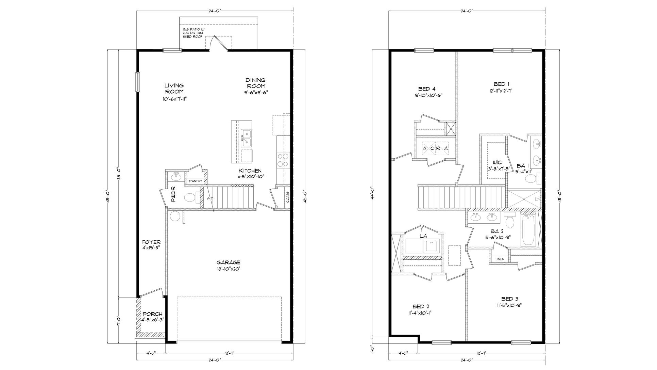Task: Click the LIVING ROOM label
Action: [174, 89]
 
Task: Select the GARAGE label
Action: [229, 262]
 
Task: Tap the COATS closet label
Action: [288, 197]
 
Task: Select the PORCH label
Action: [152, 314]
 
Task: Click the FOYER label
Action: [151, 242]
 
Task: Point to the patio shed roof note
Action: [192, 33]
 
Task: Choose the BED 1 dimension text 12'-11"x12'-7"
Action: [502, 91]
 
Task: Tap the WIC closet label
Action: [497, 163]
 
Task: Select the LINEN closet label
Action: [500, 259]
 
